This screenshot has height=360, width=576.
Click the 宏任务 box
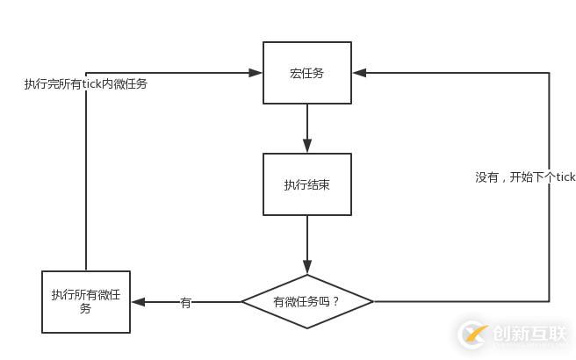click(307, 73)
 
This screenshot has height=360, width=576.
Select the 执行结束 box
click(307, 184)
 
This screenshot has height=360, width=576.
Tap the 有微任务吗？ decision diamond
click(307, 301)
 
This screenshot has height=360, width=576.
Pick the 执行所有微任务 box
click(86, 301)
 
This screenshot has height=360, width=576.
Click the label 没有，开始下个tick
click(525, 177)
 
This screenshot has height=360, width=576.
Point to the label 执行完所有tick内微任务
click(86, 85)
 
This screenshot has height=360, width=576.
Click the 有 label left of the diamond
click(185, 303)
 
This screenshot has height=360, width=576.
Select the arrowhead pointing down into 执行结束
click(307, 147)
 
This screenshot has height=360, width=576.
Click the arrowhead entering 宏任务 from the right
click(358, 73)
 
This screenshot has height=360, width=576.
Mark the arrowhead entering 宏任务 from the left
click(256, 73)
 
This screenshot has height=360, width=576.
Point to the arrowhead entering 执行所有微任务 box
click(137, 302)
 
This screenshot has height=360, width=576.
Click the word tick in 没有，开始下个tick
click(565, 177)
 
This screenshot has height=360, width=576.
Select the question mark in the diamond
click(336, 302)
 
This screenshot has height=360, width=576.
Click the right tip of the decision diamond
click(371, 301)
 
